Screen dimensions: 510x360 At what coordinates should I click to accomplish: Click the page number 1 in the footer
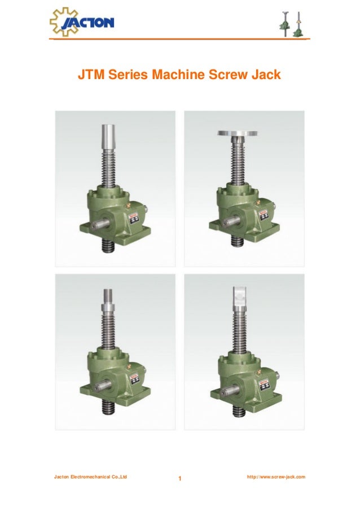(179, 480)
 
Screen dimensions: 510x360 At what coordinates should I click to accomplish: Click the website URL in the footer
(276, 477)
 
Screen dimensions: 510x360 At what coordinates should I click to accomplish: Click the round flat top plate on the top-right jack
(237, 133)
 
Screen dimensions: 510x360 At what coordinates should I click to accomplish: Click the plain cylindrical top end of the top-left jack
(108, 136)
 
